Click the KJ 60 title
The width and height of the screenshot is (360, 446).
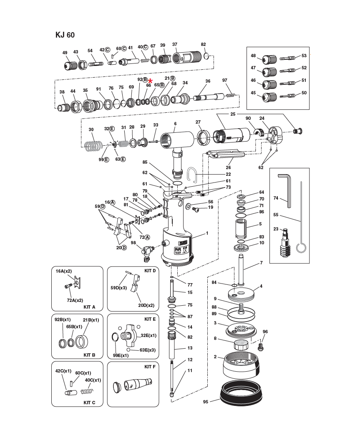(65, 35)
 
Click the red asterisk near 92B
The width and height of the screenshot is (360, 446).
(151, 81)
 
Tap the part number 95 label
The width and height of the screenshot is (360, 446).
(206, 402)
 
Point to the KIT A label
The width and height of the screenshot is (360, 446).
(89, 307)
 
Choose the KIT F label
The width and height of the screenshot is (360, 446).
(150, 367)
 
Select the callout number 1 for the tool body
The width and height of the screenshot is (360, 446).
(206, 233)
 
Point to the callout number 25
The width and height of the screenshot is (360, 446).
(233, 114)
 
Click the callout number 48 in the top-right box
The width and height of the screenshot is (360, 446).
(253, 56)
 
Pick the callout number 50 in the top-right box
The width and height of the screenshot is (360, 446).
(304, 93)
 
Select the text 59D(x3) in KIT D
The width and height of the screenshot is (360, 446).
(119, 288)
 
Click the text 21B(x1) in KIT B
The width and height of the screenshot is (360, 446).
(91, 320)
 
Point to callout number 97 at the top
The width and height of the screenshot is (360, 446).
(224, 81)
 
